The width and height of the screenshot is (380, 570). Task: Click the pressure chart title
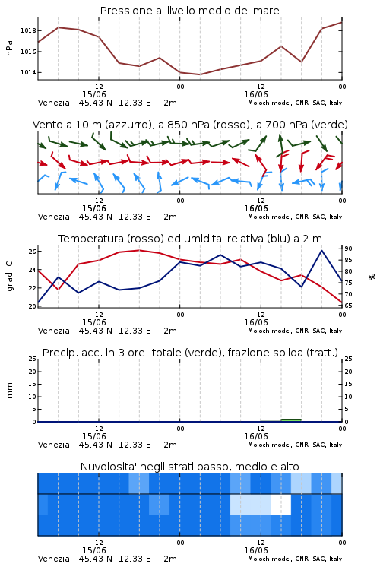(189, 11)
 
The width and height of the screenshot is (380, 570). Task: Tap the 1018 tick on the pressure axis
(28, 30)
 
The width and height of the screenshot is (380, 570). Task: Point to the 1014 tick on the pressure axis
(28, 72)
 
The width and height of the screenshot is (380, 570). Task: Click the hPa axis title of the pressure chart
(9, 48)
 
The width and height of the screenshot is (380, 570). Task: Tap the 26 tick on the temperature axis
(33, 252)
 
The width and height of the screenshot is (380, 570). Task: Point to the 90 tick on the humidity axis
(348, 249)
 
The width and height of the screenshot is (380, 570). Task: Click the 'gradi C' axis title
(10, 277)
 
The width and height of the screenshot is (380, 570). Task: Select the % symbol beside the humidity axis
(372, 277)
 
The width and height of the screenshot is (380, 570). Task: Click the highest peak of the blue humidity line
(321, 251)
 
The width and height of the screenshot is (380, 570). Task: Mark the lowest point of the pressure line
(199, 74)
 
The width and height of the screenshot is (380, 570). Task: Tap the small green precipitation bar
(291, 420)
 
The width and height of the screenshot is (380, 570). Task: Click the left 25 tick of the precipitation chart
(33, 359)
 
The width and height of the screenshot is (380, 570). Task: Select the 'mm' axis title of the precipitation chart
(10, 391)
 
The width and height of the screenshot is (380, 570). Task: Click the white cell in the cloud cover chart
(280, 504)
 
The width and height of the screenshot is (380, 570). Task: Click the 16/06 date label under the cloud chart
(256, 550)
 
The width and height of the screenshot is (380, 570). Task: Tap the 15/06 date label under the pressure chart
(93, 94)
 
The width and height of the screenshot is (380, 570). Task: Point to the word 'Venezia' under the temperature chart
(54, 331)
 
